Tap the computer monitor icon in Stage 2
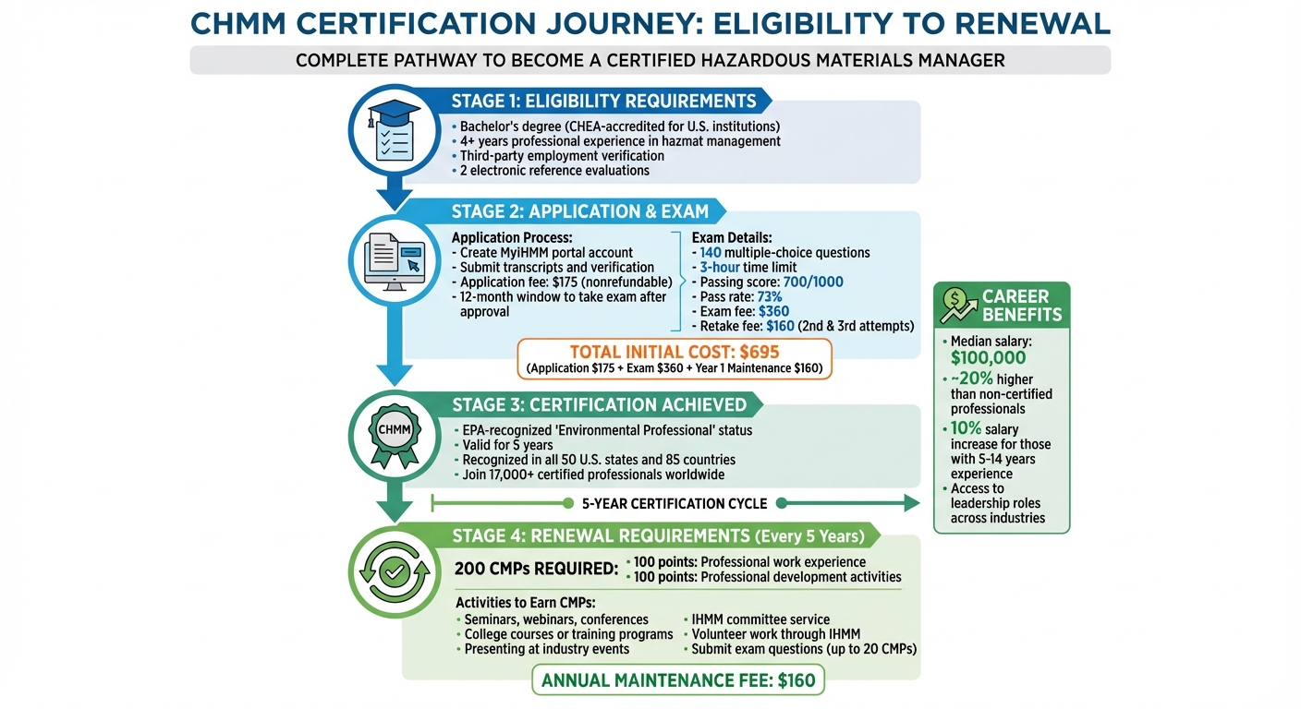point(395,261)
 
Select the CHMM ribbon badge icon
point(395,436)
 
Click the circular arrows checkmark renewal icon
point(395,572)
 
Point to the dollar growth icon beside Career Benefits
point(958,306)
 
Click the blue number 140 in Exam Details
point(711,253)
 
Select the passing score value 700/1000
point(813,282)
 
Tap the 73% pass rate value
point(770,297)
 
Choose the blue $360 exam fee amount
point(773,311)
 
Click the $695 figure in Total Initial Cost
point(760,352)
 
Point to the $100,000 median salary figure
point(988,358)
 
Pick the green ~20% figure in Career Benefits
point(972,379)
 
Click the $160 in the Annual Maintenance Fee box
point(796,680)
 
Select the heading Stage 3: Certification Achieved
point(600,405)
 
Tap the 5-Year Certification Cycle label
point(675,504)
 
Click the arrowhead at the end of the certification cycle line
point(912,503)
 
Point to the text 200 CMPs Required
point(536,570)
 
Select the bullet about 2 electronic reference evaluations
point(551,171)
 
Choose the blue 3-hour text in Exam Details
point(720,268)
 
